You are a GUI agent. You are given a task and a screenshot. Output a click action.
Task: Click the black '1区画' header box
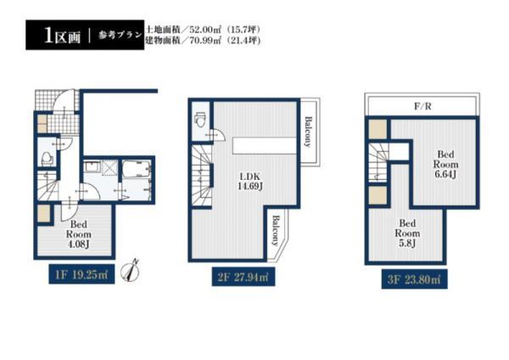pos(56,36)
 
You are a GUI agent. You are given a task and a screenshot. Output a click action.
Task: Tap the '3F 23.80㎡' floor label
pos(411,278)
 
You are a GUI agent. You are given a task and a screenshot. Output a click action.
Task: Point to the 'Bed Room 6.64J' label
pos(446,165)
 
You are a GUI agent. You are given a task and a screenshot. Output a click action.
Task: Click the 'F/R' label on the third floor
pos(422,109)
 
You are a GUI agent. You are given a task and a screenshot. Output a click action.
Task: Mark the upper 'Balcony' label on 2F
pos(310,132)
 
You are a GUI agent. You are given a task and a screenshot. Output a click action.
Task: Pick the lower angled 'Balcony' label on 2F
pos(277,228)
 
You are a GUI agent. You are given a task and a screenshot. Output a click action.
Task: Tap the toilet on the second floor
pos(200,121)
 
